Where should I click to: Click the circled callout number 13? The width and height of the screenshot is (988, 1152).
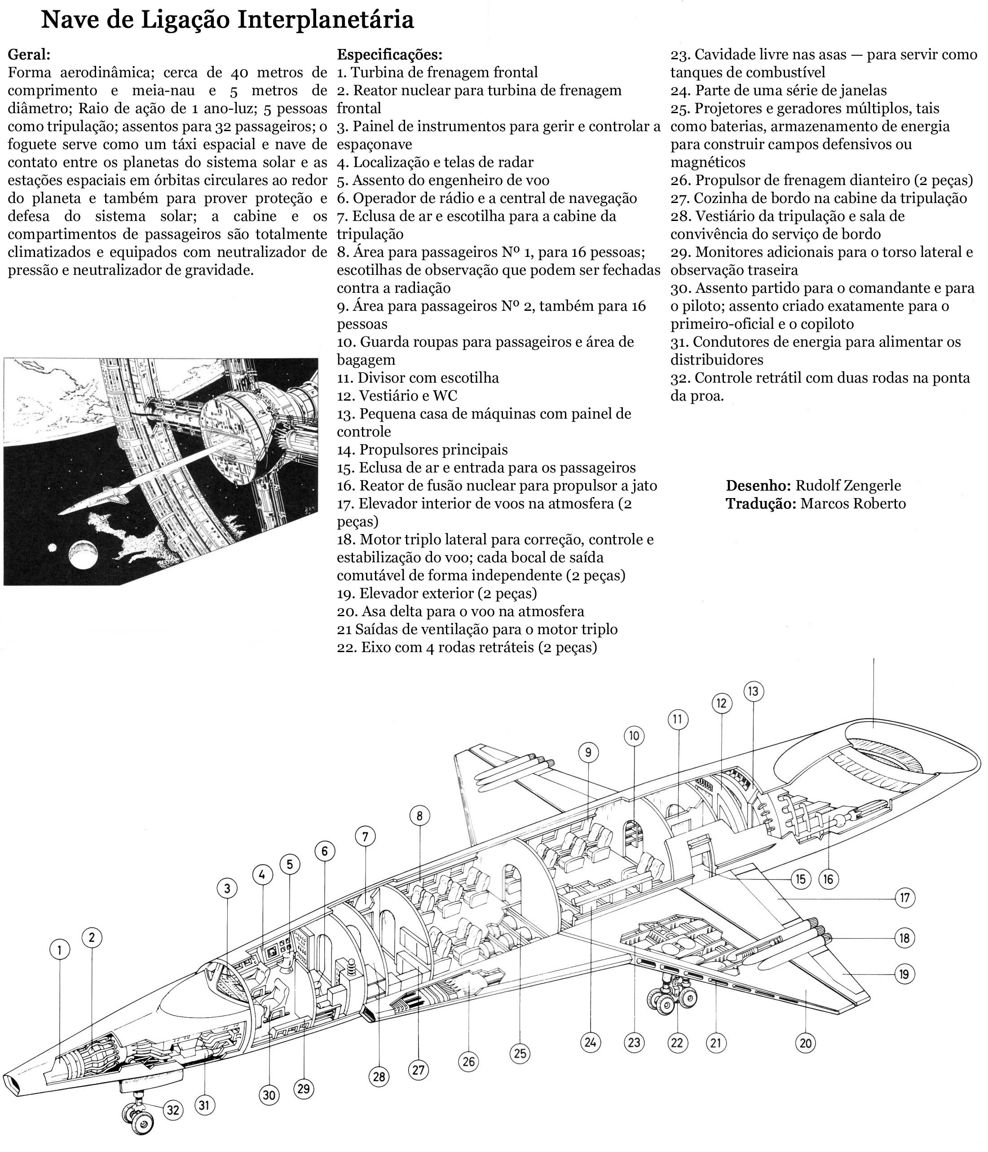click(754, 692)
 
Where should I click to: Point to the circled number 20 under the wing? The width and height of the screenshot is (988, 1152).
click(806, 1043)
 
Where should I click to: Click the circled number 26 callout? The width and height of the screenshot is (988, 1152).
click(469, 1061)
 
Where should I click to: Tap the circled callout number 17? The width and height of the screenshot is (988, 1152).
click(904, 898)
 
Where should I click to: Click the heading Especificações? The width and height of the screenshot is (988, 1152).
click(389, 54)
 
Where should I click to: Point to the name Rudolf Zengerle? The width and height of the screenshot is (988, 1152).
click(848, 486)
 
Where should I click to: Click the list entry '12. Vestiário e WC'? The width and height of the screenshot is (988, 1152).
click(397, 396)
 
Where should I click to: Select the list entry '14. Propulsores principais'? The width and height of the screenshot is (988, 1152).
click(422, 450)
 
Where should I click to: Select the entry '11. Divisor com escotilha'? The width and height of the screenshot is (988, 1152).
click(418, 378)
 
